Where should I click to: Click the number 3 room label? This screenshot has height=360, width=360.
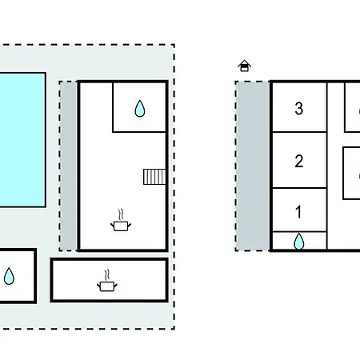[299, 109]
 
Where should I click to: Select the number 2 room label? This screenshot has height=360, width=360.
[299, 161]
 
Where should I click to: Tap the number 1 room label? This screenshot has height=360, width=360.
[298, 212]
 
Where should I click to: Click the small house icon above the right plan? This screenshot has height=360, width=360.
[244, 66]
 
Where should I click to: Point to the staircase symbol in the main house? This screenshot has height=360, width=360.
[154, 177]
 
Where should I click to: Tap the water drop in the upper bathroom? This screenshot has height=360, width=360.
[140, 109]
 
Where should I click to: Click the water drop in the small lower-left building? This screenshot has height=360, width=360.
[9, 276]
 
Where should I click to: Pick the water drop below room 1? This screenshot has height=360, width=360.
[299, 242]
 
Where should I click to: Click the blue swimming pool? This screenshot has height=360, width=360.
[22, 139]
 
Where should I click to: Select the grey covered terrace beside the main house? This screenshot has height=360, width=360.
[69, 166]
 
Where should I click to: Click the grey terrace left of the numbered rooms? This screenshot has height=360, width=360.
[253, 166]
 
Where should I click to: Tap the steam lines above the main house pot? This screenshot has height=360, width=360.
[121, 214]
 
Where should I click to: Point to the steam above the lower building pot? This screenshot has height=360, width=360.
[107, 275]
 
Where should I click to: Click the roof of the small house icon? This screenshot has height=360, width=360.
[244, 63]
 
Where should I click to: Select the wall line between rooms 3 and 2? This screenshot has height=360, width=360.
[299, 132]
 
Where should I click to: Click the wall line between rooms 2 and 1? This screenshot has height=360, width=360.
[299, 188]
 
